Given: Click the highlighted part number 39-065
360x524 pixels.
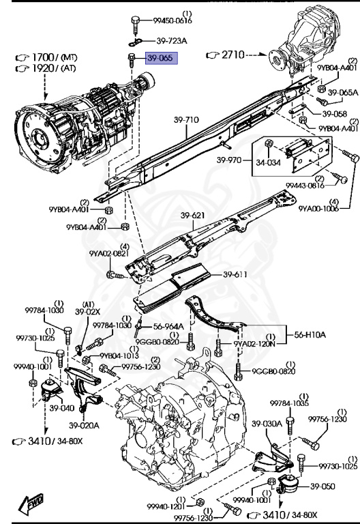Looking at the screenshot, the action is (x=161, y=58).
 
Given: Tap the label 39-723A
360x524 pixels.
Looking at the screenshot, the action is (x=172, y=41).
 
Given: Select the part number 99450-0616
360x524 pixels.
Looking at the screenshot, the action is (x=172, y=20).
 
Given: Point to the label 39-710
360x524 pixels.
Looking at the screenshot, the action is (x=186, y=119).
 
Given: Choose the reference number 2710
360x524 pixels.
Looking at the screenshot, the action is (x=232, y=54).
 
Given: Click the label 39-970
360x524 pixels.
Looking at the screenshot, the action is (x=229, y=160).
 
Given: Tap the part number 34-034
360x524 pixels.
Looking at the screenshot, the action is (x=269, y=163).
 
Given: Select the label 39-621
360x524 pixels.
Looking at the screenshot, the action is (x=193, y=216).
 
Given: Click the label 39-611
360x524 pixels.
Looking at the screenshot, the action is (x=235, y=275).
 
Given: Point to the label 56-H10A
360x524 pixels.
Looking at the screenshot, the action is (x=310, y=334).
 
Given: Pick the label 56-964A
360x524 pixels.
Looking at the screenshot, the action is (x=168, y=327).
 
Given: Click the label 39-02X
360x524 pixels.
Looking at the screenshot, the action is (x=87, y=312).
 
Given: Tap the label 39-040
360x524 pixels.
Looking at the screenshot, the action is (x=62, y=408).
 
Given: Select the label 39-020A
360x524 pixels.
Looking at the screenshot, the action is (x=84, y=426).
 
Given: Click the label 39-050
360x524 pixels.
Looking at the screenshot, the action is (x=322, y=486).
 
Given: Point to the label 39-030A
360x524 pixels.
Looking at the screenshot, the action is (x=267, y=424).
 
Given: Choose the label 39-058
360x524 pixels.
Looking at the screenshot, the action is (x=335, y=114).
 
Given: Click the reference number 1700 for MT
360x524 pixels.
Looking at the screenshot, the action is (x=43, y=57).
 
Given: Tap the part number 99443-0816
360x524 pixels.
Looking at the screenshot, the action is (x=305, y=186).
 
